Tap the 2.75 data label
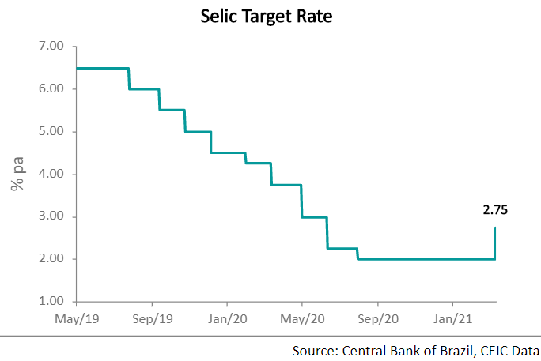[x=496, y=210]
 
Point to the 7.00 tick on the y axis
[x=51, y=47]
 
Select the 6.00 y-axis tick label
[x=51, y=89]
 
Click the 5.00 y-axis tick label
[x=51, y=132]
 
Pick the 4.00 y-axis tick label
[x=51, y=175]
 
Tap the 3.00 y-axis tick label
[x=51, y=217]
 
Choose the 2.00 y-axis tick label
[x=51, y=259]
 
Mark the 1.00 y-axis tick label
[x=51, y=302]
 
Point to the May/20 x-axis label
[x=302, y=320]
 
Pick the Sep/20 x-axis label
[x=377, y=320]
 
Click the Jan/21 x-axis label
[x=452, y=320]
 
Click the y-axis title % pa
[x=15, y=175]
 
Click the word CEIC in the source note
[x=491, y=350]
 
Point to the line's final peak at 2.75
[x=496, y=228]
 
